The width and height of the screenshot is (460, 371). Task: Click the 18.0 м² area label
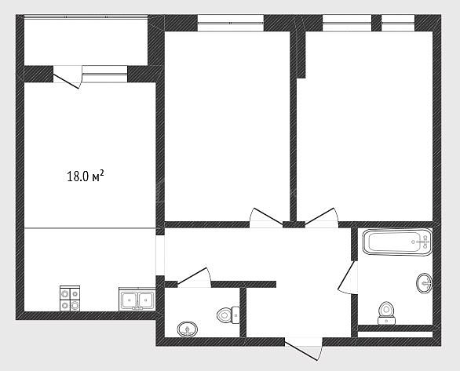pyautogui.click(x=86, y=176)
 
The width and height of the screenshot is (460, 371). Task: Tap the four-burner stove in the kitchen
pyautogui.click(x=70, y=298)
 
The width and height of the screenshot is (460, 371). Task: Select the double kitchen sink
pyautogui.click(x=137, y=299)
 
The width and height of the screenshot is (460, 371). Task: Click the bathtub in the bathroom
pyautogui.click(x=397, y=242)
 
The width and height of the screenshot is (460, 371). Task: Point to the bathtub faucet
pyautogui.click(x=422, y=242)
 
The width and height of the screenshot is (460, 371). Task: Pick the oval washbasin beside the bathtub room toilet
pyautogui.click(x=424, y=283)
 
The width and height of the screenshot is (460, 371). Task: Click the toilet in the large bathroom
pyautogui.click(x=386, y=313)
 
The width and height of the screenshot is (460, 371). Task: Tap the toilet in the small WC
pyautogui.click(x=228, y=315)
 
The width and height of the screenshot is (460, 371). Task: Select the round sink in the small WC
pyautogui.click(x=188, y=329)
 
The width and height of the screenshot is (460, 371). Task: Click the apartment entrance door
pyautogui.click(x=303, y=349)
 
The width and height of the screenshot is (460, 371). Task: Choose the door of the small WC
pyautogui.click(x=194, y=277)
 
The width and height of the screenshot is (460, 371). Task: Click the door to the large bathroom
pyautogui.click(x=347, y=276)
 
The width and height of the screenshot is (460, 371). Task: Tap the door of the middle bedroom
pyautogui.click(x=266, y=217)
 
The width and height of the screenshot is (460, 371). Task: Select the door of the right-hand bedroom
pyautogui.click(x=322, y=217)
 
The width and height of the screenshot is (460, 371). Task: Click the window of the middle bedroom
pyautogui.click(x=231, y=23)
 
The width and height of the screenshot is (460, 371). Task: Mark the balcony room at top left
pyautogui.click(x=86, y=42)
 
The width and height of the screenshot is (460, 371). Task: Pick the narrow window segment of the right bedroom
pyautogui.click(x=398, y=23)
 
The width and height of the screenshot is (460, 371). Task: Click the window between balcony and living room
pyautogui.click(x=104, y=75)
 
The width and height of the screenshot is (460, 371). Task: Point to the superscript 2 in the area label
pyautogui.click(x=102, y=173)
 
